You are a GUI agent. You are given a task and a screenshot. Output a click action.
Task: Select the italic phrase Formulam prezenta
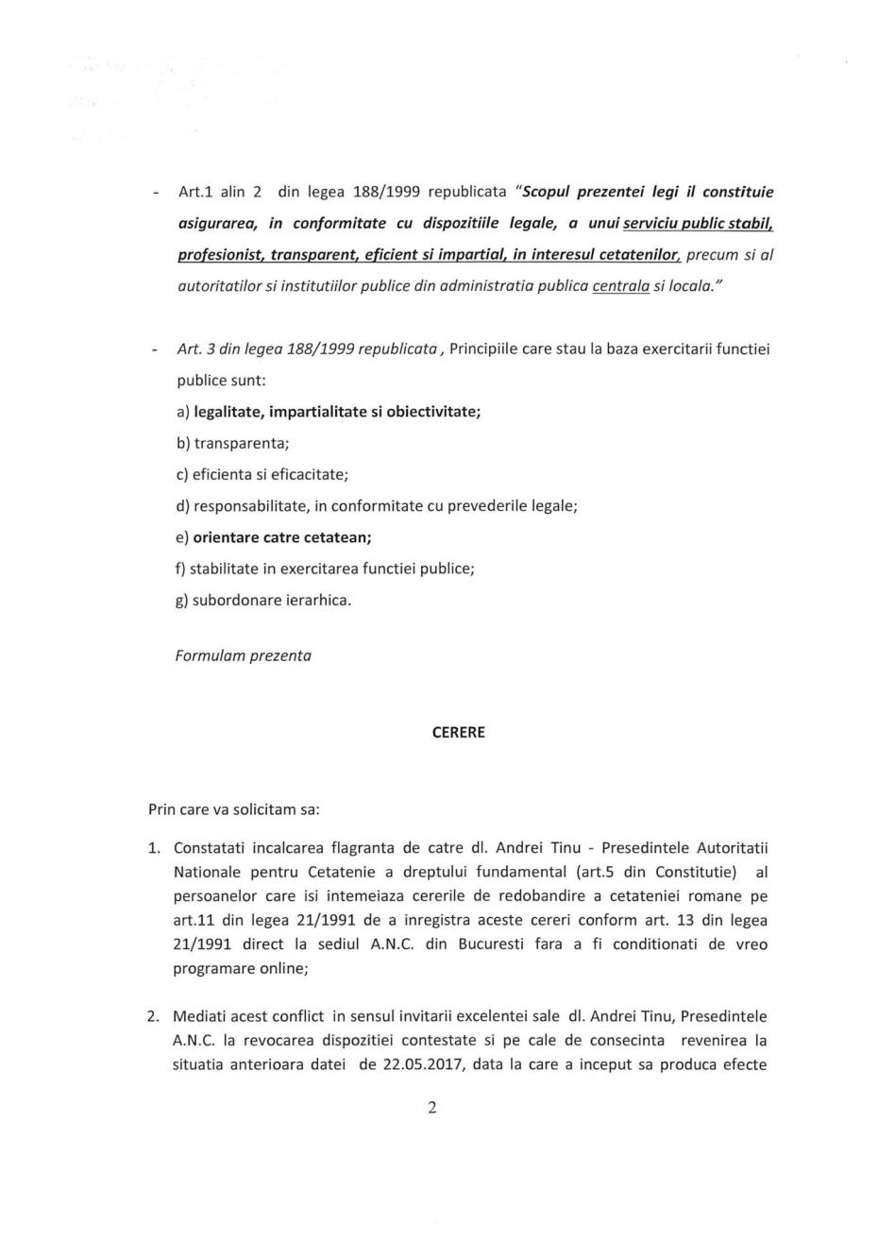[243, 654]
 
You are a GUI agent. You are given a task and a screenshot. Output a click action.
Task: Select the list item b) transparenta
[231, 442]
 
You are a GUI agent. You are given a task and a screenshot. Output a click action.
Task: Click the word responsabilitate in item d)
[249, 505]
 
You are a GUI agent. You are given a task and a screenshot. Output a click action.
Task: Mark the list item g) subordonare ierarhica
[262, 599]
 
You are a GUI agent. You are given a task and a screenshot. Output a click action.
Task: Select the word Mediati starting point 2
[200, 1016]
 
